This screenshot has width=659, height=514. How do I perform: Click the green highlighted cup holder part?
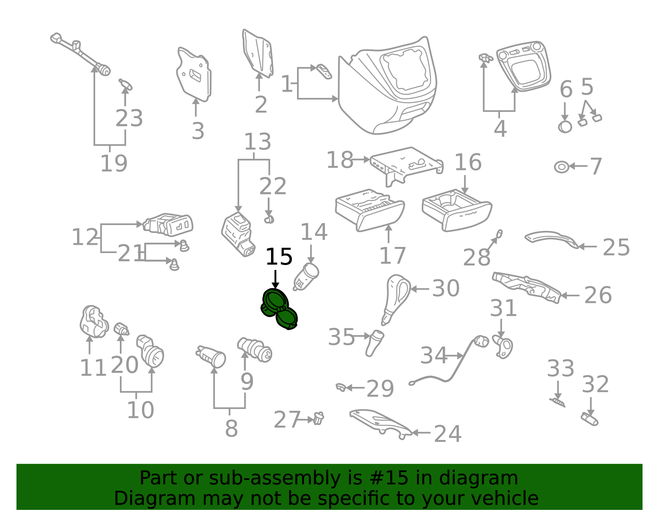click(279, 309)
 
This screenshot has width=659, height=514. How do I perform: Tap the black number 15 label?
click(279, 257)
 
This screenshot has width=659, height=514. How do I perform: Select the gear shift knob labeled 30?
click(396, 300)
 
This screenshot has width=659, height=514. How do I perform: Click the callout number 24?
click(448, 434)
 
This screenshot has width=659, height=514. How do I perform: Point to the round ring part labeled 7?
click(562, 167)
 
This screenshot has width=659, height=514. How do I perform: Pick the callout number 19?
click(114, 163)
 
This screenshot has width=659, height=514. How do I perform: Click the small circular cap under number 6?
click(565, 127)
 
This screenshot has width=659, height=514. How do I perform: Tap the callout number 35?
click(341, 337)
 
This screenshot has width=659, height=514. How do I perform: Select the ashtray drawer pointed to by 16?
click(457, 210)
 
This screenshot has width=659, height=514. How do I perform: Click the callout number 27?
click(287, 420)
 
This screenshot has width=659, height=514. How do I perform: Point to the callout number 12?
click(85, 237)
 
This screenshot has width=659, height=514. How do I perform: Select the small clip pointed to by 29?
click(341, 387)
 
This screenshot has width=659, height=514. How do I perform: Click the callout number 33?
click(561, 369)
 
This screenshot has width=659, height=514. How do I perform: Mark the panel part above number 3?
click(194, 74)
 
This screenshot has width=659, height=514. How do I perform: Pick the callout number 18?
click(340, 160)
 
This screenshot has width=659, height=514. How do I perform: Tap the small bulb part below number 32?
click(589, 419)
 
